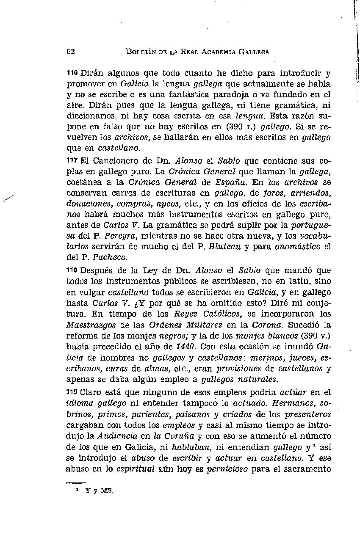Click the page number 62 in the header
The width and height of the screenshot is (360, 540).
click(x=71, y=52)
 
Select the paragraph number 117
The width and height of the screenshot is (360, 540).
click(x=72, y=160)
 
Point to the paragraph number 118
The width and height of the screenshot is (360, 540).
click(x=72, y=270)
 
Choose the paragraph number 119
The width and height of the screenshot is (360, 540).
click(x=72, y=392)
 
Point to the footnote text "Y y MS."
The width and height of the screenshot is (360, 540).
click(x=99, y=491)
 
